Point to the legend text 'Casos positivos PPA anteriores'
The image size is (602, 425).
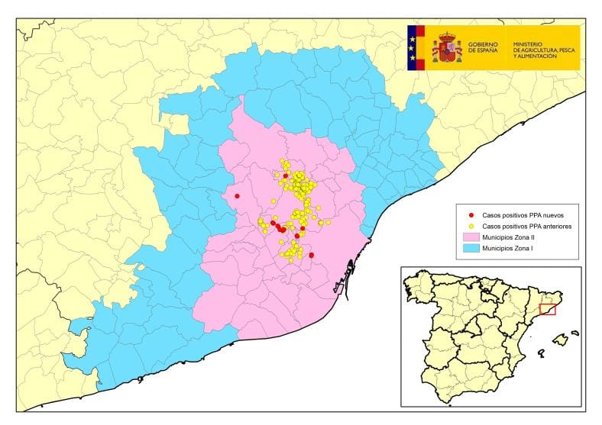[527, 227]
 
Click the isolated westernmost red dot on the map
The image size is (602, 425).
[238, 196]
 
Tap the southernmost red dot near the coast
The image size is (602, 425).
[312, 255]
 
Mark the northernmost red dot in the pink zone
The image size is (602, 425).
[286, 175]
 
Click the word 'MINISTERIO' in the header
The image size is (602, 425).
[529, 43]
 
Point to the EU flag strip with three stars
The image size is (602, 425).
[413, 47]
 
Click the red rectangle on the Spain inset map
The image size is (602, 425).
[547, 309]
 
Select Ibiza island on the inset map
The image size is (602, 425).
[541, 353]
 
